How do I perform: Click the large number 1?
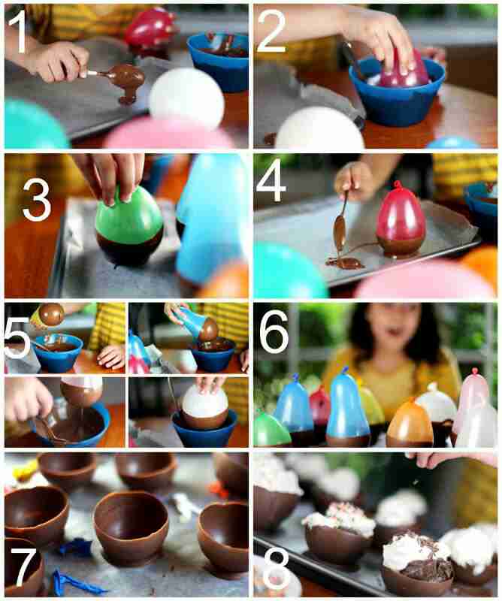(x=17, y=33)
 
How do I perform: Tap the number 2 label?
(x=271, y=32)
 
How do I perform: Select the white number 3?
(x=36, y=200)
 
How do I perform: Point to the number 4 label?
(x=271, y=182)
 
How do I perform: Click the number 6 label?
(x=274, y=331)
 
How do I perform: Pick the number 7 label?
(x=24, y=566)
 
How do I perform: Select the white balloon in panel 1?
(x=186, y=98)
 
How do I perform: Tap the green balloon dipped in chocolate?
(x=129, y=226)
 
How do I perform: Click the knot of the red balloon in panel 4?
(x=398, y=185)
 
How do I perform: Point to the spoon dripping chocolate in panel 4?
(x=340, y=219)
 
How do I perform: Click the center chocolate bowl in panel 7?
(x=132, y=528)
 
